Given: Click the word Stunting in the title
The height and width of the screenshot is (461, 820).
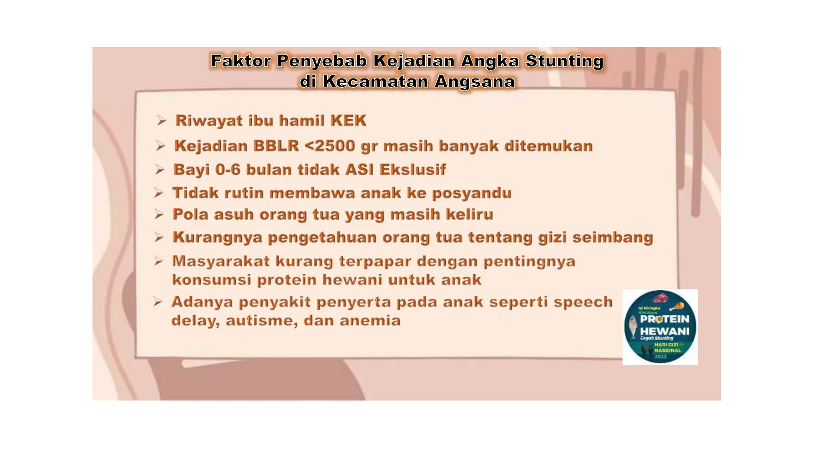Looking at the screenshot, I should (564, 61).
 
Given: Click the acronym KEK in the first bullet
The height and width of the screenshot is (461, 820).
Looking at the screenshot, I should (348, 121).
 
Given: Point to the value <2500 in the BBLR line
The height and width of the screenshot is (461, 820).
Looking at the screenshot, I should (330, 146).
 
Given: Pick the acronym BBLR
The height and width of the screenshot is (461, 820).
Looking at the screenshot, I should (276, 146).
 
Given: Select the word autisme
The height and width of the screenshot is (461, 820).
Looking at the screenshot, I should (261, 321).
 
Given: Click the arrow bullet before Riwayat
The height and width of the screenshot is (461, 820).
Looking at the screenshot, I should (161, 120).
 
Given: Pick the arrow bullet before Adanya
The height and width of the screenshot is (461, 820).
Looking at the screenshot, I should (158, 302).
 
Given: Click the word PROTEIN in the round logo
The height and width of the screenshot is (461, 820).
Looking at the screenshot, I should (665, 319).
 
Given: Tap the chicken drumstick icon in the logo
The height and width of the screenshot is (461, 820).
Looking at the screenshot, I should (677, 307).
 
